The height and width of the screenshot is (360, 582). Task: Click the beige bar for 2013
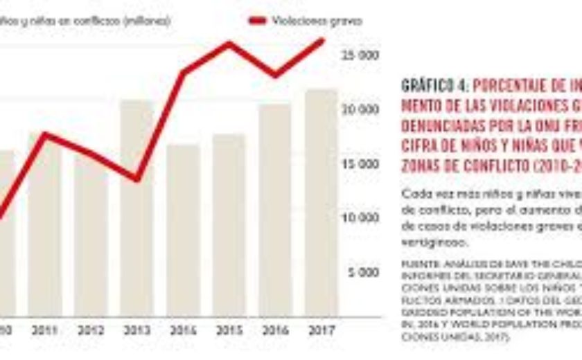[x=136, y=208]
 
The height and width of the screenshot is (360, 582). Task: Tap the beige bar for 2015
[x=229, y=225]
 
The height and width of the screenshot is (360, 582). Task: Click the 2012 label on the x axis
[x=91, y=331]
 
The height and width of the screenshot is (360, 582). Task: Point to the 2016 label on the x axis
[x=275, y=331]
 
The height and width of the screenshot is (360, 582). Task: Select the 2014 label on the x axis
[x=183, y=331]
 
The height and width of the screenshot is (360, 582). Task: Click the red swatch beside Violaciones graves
[x=257, y=21]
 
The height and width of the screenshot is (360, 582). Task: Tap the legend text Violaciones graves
[x=318, y=21]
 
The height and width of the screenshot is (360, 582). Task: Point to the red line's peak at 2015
[x=229, y=44]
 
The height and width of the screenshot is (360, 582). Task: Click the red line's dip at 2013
[x=136, y=180]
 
